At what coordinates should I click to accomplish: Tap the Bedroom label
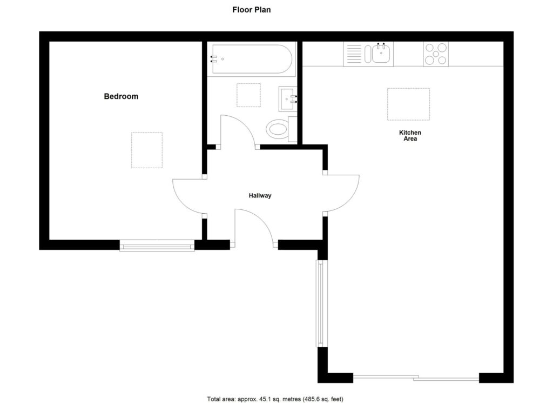tap(121, 97)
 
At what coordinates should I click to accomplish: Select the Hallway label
tap(260, 196)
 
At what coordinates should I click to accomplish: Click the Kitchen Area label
tap(410, 136)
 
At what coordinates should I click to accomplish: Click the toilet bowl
tap(278, 129)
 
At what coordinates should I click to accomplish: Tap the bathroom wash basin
tap(287, 98)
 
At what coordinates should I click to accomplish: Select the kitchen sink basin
tap(381, 54)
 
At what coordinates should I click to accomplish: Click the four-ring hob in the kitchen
tap(435, 54)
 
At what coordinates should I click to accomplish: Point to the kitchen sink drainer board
tap(354, 54)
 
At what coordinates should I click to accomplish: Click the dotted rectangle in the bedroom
tap(147, 150)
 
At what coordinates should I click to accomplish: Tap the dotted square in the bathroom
tap(248, 95)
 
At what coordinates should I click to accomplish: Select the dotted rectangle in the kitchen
tap(408, 104)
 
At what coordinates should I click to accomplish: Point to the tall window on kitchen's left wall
tap(320, 303)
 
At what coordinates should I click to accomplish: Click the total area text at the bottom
tap(275, 399)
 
